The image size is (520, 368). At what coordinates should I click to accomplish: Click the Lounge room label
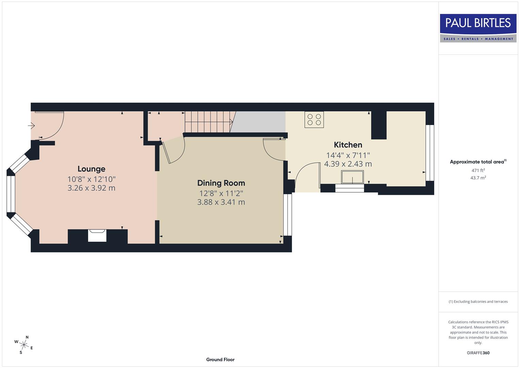click(91, 169)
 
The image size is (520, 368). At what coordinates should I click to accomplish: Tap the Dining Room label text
click(221, 183)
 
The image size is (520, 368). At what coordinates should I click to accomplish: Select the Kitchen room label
click(348, 145)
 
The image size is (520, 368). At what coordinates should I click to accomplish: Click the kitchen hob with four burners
click(314, 120)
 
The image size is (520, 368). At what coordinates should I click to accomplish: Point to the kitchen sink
click(352, 177)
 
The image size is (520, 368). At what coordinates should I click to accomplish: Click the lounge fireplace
click(97, 236)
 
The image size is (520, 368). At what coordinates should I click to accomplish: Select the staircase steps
click(208, 122)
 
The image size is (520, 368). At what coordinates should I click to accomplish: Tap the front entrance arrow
click(31, 126)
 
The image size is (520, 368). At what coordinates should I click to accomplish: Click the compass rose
click(23, 344)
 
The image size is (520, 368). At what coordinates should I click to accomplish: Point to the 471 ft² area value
click(478, 170)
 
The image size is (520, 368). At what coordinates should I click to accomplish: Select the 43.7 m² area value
click(478, 178)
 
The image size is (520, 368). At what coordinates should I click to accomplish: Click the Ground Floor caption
click(220, 359)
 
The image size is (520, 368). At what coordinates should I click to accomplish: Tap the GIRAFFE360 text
click(478, 353)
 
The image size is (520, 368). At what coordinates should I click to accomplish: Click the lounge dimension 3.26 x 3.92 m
click(91, 188)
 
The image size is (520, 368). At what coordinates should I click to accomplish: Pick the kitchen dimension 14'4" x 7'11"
click(348, 155)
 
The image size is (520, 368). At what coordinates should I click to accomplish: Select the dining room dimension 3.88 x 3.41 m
click(221, 202)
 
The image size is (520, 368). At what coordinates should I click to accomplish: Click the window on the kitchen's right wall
click(430, 153)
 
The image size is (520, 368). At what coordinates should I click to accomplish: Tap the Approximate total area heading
click(478, 162)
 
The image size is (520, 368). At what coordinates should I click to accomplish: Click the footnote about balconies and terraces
click(478, 302)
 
